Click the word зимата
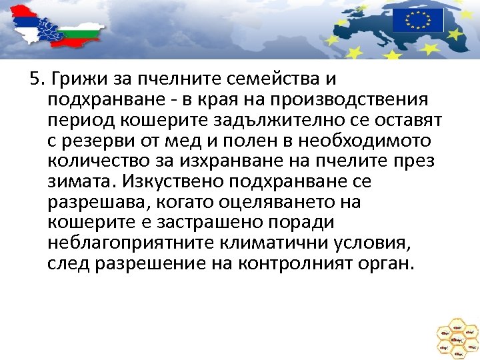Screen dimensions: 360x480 [x=76, y=181]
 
